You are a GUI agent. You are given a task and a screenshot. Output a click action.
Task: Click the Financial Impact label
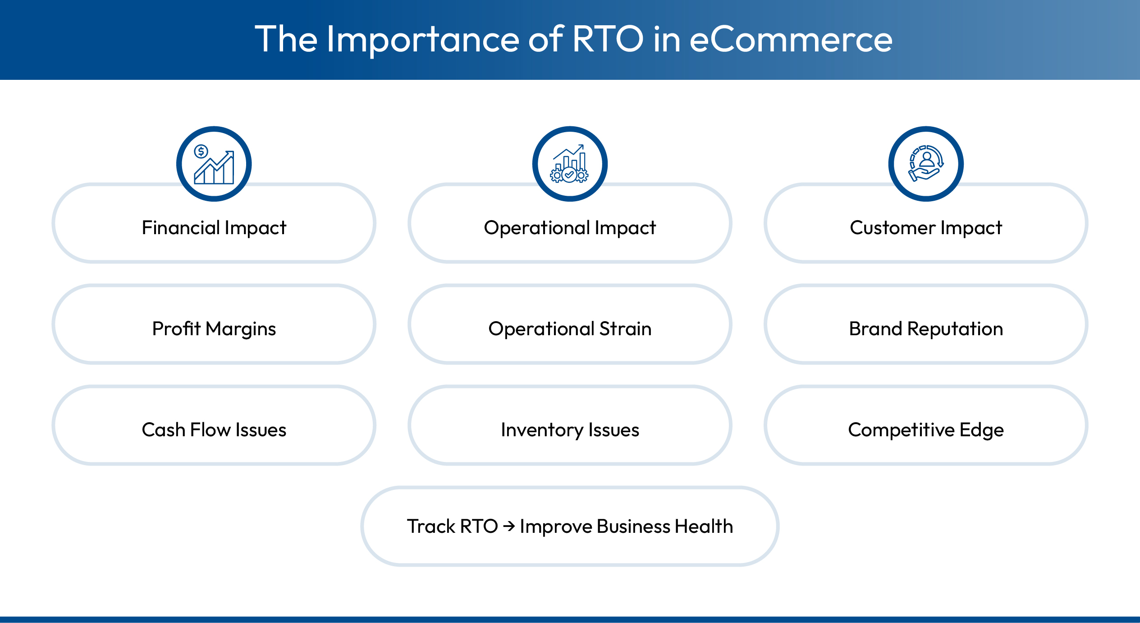[x=214, y=228]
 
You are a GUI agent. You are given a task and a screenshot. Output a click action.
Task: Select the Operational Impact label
[x=569, y=228]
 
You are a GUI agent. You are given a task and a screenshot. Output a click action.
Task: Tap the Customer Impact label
[x=925, y=228]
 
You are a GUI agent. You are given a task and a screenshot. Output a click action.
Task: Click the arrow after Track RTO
[x=509, y=526]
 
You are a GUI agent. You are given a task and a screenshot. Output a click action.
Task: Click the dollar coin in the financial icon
[x=201, y=152]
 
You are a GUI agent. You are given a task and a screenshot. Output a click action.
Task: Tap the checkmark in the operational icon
[x=569, y=174]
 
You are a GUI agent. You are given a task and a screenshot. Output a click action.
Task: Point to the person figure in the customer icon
[x=927, y=159]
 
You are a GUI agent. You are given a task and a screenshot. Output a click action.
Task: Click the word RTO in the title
[x=607, y=40]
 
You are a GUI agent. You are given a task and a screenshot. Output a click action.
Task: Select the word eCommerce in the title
[x=791, y=40]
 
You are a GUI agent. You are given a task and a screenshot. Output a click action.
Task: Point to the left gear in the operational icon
[x=557, y=176]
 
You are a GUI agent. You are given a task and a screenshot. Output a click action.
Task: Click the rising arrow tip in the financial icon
[x=231, y=153]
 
